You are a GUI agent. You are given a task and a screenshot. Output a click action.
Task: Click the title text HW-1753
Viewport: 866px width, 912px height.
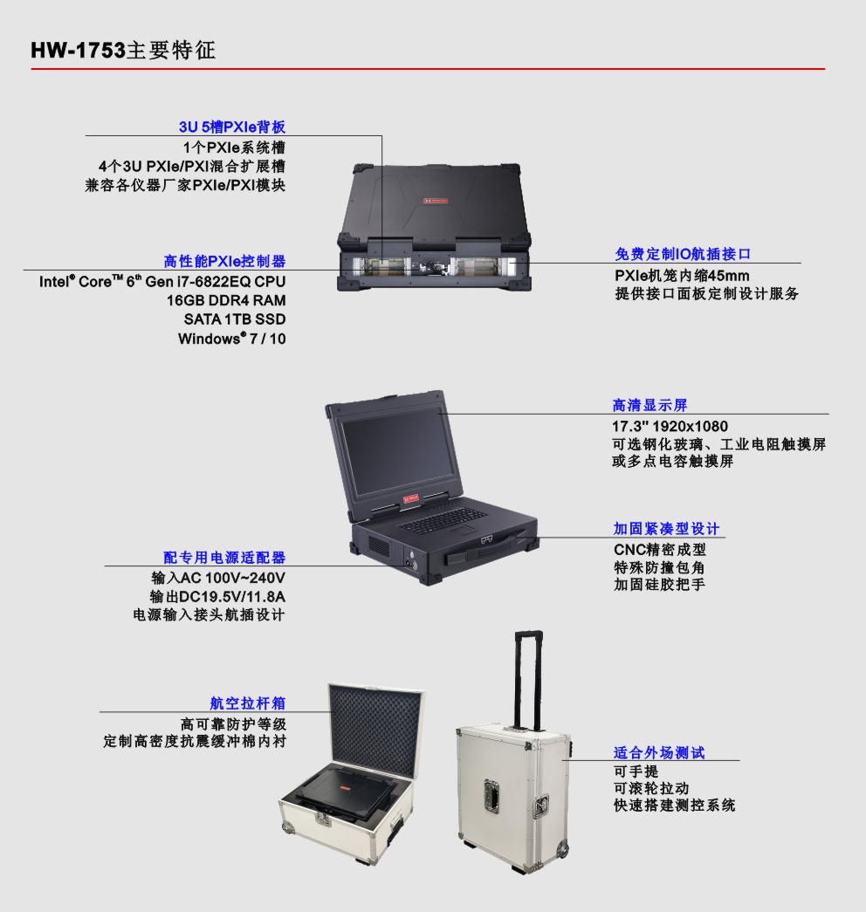click(x=78, y=50)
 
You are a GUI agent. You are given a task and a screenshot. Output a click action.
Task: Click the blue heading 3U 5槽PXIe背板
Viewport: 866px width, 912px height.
click(x=232, y=127)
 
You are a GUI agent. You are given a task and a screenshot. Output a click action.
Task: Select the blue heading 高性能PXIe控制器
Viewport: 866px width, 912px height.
click(x=224, y=261)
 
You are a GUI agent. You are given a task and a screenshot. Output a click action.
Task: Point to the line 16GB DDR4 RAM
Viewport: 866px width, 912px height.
click(x=226, y=300)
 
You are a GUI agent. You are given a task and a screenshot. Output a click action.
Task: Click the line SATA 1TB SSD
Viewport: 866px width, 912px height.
click(x=235, y=319)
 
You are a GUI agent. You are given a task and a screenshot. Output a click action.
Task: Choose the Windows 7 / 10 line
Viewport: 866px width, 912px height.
click(x=231, y=339)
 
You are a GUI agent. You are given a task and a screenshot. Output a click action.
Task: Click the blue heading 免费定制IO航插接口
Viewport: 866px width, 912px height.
click(x=683, y=254)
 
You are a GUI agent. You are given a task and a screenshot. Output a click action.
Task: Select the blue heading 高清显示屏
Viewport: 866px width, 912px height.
click(x=650, y=406)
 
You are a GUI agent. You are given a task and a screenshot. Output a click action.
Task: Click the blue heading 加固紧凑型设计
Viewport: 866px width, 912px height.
click(x=666, y=529)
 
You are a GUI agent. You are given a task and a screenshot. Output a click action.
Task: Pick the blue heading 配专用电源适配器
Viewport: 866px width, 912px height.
click(x=224, y=557)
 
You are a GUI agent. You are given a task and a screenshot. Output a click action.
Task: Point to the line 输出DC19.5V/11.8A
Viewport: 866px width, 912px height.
click(x=217, y=597)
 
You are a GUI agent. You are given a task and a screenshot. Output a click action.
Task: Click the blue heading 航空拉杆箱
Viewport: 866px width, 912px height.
click(x=248, y=703)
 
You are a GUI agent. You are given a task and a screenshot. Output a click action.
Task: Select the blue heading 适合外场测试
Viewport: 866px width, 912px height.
click(x=659, y=752)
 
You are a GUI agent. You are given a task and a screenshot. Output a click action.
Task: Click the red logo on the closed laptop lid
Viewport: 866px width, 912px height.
click(x=436, y=201)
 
